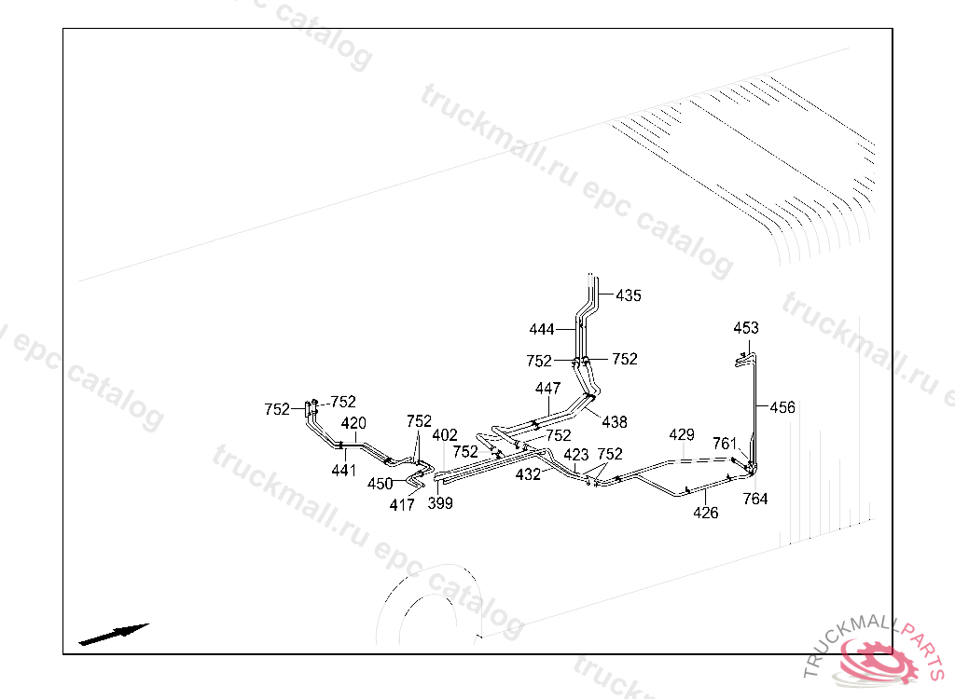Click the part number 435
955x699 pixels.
point(629,296)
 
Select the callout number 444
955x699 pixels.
point(542,330)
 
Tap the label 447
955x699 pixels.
point(548,388)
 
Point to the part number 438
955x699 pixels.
point(615,422)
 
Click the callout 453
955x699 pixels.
point(746,328)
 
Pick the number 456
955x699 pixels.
point(782,407)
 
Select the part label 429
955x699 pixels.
point(682,435)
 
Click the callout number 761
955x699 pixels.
point(725,444)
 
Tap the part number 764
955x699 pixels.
point(755,500)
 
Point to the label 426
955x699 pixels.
point(706,513)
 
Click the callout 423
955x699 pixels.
point(576,455)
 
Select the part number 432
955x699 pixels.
point(528,474)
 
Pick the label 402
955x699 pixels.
point(445,435)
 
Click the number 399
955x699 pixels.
point(440,504)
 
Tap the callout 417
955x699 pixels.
point(402,505)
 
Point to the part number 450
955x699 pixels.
point(380,484)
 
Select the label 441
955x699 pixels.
point(344,472)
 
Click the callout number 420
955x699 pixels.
point(353,423)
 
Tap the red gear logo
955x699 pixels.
point(877,660)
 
